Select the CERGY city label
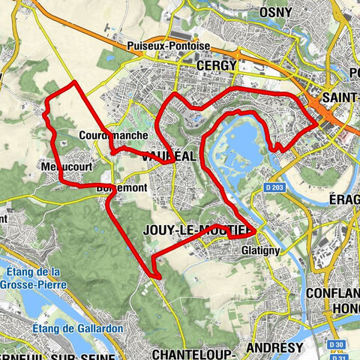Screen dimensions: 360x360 pos(216,66)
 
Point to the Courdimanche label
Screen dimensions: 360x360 pos(106,136)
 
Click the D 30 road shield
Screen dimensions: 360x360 pos(338,344)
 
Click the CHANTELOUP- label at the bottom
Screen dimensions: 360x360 pos(193,352)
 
